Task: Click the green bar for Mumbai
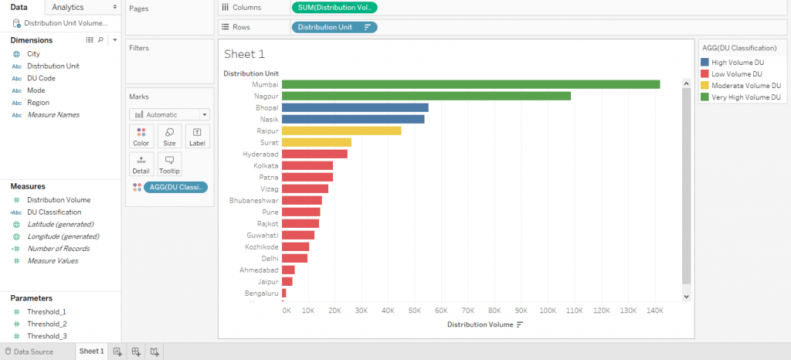470,84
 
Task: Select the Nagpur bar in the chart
426,96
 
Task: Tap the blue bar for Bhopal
355,107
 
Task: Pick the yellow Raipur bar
341,131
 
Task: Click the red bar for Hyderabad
314,154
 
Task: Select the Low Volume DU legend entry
738,73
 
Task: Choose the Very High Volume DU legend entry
743,97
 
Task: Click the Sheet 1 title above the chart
244,54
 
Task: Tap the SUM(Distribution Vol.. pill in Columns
334,7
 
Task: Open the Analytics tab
68,7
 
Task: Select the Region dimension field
38,103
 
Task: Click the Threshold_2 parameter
46,324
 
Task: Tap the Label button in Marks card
197,137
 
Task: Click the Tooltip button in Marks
169,164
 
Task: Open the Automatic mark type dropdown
169,114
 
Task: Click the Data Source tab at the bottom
33,352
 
